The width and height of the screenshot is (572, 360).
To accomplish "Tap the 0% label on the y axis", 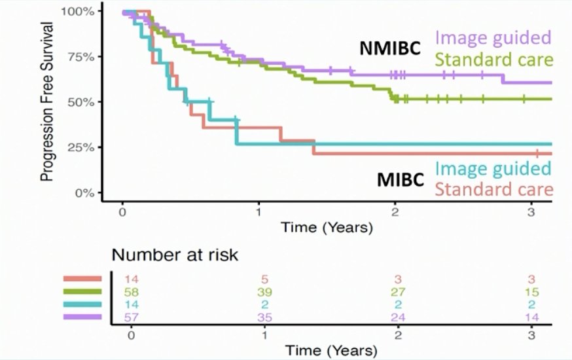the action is coord(85,192).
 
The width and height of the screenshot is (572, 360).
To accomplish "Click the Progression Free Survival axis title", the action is coord(46,101).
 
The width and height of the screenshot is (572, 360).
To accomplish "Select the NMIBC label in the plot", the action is coord(390,48).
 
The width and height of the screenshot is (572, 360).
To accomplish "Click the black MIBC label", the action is coord(400,179).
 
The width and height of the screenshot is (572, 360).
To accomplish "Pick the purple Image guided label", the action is coord(493,38).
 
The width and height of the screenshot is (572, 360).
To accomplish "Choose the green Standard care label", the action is coord(494,60).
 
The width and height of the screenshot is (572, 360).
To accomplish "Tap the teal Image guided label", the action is coord(493,168).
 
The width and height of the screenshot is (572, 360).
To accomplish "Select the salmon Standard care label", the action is coord(494,190).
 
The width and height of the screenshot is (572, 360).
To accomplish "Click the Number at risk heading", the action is coord(175,255).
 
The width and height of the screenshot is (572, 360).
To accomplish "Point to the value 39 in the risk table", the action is coord(264,292).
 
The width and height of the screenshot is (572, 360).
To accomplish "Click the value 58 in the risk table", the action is coord(132,292).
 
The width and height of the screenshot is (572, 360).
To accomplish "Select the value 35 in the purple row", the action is coord(264,317).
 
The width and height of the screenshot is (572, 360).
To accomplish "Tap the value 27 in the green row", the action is coord(398,292).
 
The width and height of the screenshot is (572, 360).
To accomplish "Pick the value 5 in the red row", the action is coord(265,279).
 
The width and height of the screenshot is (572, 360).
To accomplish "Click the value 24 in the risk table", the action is coord(398,317).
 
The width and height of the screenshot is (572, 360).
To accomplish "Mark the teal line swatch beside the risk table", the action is coord(82,304).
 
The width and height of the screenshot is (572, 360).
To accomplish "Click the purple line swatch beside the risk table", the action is coord(82,317).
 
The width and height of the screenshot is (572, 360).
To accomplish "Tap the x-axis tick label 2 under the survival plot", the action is coord(395,212).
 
